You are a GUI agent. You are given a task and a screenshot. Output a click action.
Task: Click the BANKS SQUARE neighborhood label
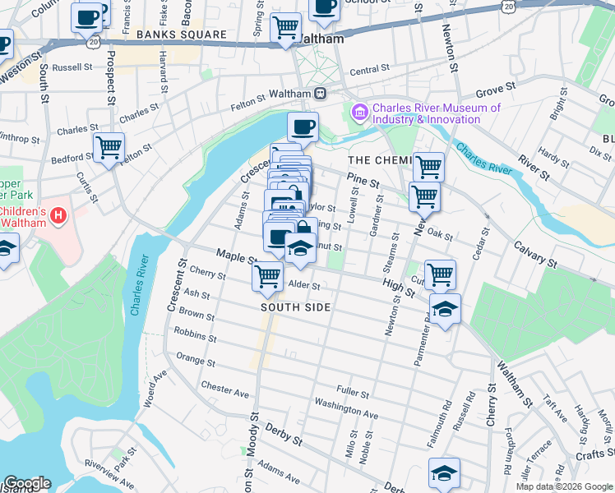pos(182,35)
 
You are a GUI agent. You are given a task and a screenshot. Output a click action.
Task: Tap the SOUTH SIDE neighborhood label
pos(296,307)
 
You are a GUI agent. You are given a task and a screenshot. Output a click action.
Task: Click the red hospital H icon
pos(58,215)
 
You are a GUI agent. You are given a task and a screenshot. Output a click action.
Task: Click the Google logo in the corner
pos(26,483)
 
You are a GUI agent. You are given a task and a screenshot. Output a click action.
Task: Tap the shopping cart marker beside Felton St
pos(109,148)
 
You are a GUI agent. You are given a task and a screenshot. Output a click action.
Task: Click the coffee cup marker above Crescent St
pos(303,127)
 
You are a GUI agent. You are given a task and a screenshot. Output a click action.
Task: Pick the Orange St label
pos(196,360)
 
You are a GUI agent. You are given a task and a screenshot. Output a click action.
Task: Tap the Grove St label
pos(495,85)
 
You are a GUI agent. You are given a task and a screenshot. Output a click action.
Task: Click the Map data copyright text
pos(563,486)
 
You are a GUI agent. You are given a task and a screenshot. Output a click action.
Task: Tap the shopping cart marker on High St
pos(441,274)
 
